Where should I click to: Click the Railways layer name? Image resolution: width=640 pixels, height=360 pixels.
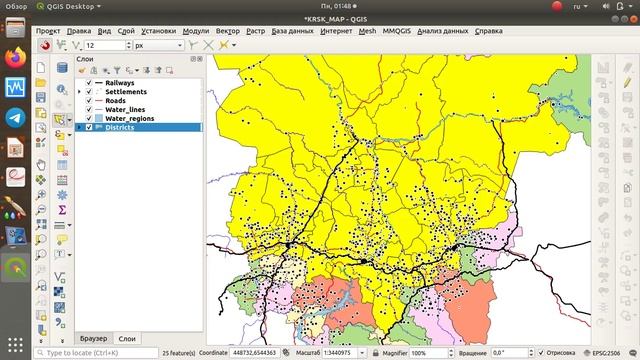point(121,82)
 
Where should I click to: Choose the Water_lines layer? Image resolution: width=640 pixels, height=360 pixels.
point(125,109)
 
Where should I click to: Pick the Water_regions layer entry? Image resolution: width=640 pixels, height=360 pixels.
point(130,118)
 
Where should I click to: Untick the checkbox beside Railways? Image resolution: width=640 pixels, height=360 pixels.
point(89,82)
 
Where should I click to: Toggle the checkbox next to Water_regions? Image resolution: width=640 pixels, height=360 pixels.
point(89,118)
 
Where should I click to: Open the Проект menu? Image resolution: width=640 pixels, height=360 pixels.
point(48,31)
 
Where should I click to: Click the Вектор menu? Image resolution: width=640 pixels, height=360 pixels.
point(227,31)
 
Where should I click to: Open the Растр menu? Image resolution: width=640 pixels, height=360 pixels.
point(256,31)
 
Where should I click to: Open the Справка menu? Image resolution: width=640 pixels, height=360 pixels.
point(489,31)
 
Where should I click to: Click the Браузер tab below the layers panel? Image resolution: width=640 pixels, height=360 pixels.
point(92,338)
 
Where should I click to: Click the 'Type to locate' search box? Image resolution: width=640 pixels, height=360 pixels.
point(100,353)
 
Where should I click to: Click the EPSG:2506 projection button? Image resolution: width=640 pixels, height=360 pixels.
point(605,353)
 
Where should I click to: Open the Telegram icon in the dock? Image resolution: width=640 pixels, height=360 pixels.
point(15,117)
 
